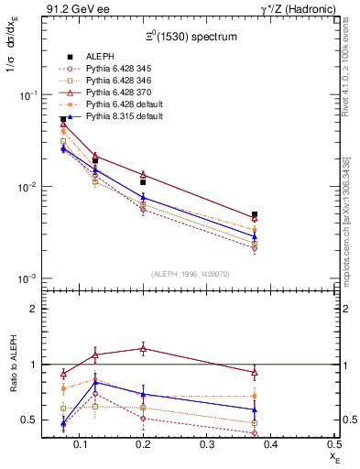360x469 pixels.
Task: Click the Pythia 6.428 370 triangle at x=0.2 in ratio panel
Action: coord(142,349)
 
